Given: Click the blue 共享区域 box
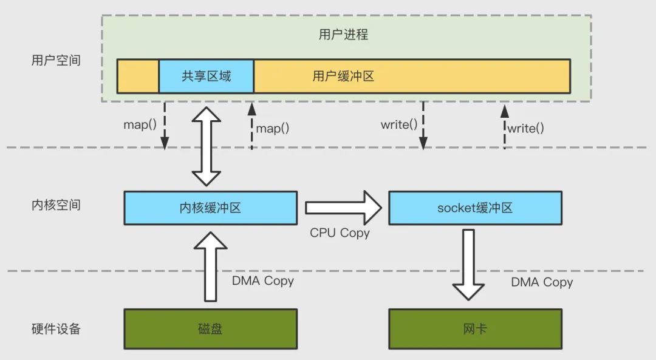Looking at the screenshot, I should pos(207,76).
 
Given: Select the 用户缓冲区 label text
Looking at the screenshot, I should pos(343,76).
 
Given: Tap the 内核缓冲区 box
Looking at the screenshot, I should pos(211,208).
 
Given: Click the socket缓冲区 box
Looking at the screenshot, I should pos(475,208).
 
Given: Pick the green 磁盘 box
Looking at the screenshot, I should pos(211,329).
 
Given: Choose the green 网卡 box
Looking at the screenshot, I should pos(475,329).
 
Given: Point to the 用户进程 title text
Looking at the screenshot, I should pos(343,35).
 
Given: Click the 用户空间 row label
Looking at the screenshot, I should pos(56,61).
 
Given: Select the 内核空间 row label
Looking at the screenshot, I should pos(56,205).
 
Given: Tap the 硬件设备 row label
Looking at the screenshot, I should pos(56,329).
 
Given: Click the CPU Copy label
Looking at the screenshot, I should pos(340,233).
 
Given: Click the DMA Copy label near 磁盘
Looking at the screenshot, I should pos(262,281).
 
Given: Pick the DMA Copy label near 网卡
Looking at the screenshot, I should pos(542,282).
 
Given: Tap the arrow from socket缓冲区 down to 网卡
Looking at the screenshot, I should pos(468,265).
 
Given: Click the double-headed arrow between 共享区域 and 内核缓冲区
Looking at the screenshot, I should pos(207,146).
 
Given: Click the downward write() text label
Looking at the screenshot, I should pos(399,125).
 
